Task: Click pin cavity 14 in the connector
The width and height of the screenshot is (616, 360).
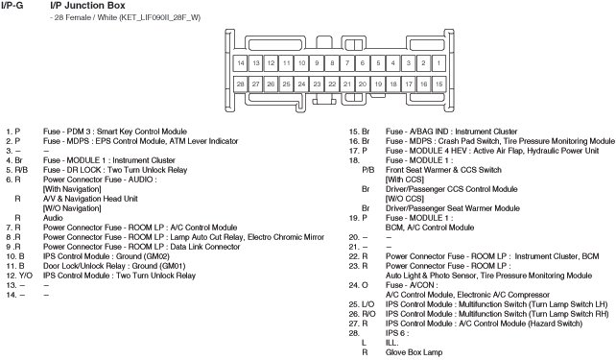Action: pos(241,63)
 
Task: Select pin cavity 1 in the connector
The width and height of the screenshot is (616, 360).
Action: pos(438,63)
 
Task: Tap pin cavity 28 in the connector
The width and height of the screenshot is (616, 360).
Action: pos(241,84)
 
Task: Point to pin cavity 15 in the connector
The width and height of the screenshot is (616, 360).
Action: pos(438,84)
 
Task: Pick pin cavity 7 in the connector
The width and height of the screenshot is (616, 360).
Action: pos(347,63)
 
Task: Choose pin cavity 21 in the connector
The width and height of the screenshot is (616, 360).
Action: pos(347,84)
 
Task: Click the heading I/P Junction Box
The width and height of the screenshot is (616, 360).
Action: pos(87,6)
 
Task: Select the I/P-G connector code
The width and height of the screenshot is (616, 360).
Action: pos(12,6)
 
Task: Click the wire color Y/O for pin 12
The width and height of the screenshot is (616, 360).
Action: pos(26,276)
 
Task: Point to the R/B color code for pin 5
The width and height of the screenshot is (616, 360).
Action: pos(21,170)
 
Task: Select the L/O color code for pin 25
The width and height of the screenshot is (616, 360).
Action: pos(367,304)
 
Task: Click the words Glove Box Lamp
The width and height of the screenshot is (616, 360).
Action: pos(414,352)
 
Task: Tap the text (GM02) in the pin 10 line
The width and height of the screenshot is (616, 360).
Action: pos(157,256)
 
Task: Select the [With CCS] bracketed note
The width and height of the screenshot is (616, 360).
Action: pos(405,180)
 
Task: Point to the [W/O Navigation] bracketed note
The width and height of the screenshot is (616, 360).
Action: pos(72,208)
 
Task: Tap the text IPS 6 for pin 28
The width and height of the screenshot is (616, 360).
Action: pos(395,333)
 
